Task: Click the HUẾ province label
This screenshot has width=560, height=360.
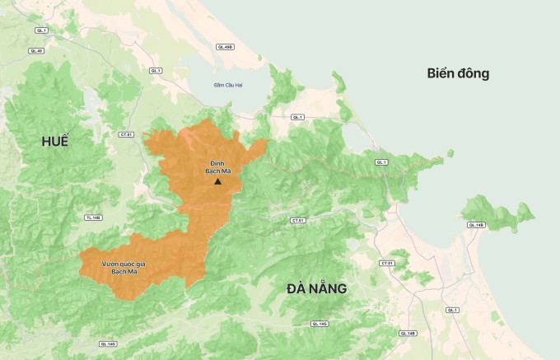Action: coord(55,142)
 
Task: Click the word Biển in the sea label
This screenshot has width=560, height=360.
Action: coord(443,73)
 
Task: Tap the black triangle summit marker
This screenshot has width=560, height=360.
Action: coord(217,180)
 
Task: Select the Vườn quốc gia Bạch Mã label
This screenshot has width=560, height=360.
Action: coord(124,267)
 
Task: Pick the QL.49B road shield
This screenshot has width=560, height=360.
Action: coord(225,47)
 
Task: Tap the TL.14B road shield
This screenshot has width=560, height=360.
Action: coord(93,217)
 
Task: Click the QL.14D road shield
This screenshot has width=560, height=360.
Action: coord(107,344)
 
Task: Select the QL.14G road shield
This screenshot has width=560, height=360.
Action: coord(317,325)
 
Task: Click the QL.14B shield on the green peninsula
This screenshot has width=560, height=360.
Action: coord(476,224)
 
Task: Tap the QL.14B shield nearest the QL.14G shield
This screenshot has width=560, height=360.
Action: coord(406,334)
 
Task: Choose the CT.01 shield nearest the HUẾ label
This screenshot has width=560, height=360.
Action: coord(126,133)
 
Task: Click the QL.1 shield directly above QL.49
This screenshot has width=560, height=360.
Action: coord(41,30)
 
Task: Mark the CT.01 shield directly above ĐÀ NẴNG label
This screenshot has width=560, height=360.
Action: coord(297,221)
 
